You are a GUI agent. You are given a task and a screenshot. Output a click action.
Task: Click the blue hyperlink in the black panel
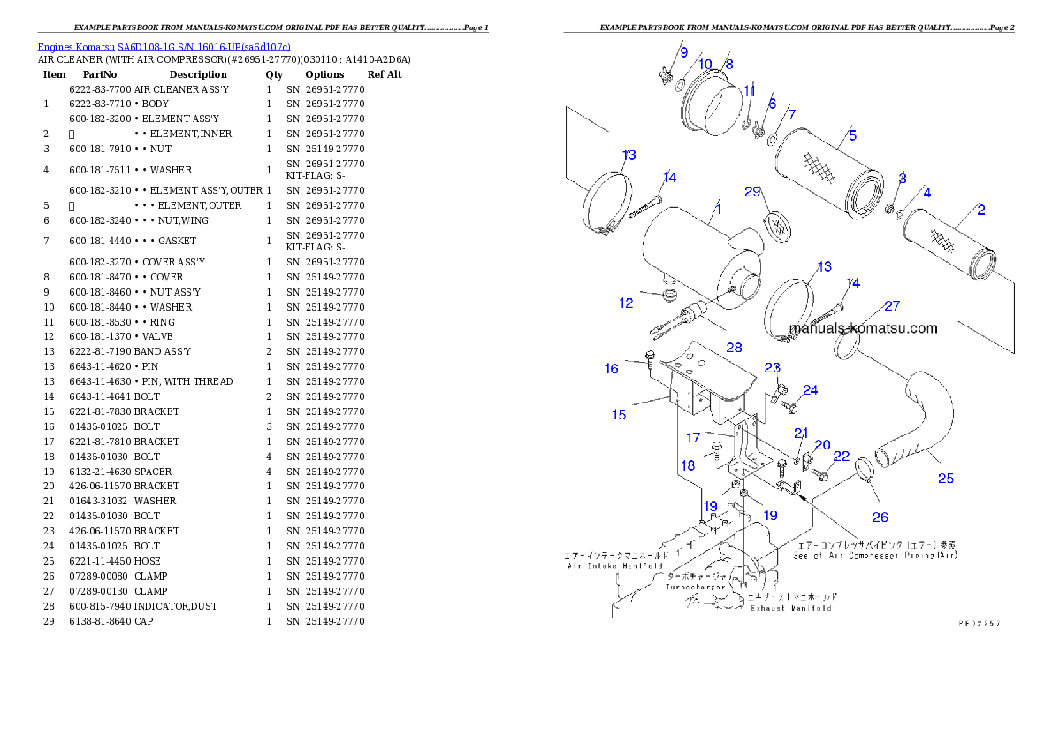(x=164, y=46)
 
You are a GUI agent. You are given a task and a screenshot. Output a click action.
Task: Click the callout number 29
(x=752, y=191)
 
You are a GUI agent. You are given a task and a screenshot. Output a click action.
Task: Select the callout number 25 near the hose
(x=946, y=479)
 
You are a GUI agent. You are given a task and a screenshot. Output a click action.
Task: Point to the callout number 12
(x=626, y=303)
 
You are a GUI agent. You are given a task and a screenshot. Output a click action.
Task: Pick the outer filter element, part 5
(x=827, y=172)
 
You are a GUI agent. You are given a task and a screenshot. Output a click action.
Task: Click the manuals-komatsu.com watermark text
(x=863, y=328)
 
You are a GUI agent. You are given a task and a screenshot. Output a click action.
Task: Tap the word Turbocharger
(x=694, y=587)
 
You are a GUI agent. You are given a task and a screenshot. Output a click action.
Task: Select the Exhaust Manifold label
(x=790, y=608)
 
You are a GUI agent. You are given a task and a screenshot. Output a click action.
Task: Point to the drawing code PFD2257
(x=980, y=623)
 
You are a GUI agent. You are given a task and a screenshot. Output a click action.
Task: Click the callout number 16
(x=612, y=368)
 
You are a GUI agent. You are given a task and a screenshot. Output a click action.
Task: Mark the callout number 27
(x=892, y=306)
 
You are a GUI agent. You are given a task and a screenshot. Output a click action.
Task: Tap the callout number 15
(x=619, y=414)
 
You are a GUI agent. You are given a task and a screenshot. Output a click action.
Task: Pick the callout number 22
(x=841, y=456)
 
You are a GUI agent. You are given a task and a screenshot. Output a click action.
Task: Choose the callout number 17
(x=693, y=437)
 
